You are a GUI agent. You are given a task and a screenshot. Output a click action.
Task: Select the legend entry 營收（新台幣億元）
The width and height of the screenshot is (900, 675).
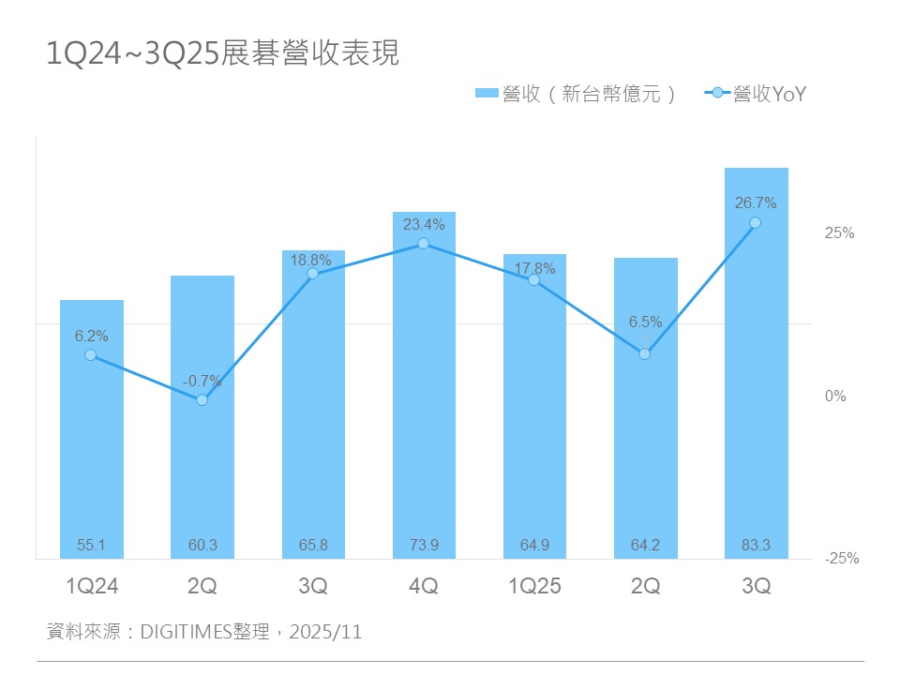pyautogui.click(x=575, y=93)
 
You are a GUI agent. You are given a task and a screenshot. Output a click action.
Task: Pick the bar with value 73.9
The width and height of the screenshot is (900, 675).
pyautogui.click(x=424, y=394)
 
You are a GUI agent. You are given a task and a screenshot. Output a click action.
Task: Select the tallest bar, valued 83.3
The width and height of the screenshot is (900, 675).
pyautogui.click(x=756, y=375)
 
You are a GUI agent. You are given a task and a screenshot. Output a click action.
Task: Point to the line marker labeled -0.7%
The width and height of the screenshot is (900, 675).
pyautogui.click(x=202, y=399)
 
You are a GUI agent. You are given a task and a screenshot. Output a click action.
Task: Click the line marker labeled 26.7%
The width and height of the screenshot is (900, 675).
pyautogui.click(x=756, y=223)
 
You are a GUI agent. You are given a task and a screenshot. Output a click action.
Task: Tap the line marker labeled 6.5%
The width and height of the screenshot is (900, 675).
pyautogui.click(x=645, y=353)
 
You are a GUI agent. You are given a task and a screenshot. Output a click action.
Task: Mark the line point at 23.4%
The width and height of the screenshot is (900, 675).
pyautogui.click(x=424, y=244)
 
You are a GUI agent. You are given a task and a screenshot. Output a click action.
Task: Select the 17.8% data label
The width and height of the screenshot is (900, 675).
pyautogui.click(x=534, y=267)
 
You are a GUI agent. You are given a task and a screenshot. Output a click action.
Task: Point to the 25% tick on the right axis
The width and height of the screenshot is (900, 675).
pyautogui.click(x=839, y=233)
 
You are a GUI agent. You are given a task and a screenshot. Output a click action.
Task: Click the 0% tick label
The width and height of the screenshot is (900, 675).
pyautogui.click(x=835, y=396)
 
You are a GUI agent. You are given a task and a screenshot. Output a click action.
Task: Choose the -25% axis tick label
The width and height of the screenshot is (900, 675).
pyautogui.click(x=841, y=559)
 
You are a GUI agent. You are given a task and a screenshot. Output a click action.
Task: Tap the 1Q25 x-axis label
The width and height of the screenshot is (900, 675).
pyautogui.click(x=533, y=587)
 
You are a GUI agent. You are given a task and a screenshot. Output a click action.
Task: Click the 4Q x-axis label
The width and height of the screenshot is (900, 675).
pyautogui.click(x=424, y=587)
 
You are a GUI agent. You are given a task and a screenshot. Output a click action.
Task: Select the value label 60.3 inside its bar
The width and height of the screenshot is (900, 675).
pyautogui.click(x=202, y=545)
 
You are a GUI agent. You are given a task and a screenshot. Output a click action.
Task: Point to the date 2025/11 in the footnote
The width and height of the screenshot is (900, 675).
pyautogui.click(x=325, y=632)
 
